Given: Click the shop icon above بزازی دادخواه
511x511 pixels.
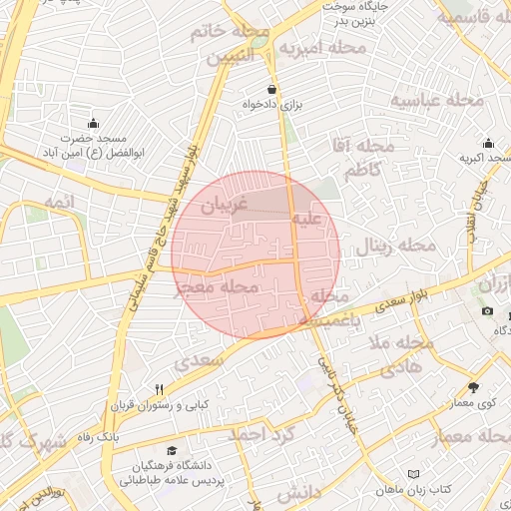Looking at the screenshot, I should pyautogui.click(x=272, y=89).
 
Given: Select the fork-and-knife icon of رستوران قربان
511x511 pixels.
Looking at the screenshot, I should pyautogui.click(x=159, y=389).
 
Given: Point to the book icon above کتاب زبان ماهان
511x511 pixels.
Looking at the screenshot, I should pyautogui.click(x=415, y=474).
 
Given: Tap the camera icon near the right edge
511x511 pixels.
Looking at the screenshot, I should pyautogui.click(x=487, y=311).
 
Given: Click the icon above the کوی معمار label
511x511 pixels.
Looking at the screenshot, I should pyautogui.click(x=473, y=386).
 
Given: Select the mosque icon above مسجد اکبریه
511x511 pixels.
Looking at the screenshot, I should pyautogui.click(x=488, y=144).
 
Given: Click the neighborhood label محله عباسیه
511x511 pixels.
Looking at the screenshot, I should pyautogui.click(x=436, y=101).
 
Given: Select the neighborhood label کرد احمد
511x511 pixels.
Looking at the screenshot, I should pyautogui.click(x=262, y=435).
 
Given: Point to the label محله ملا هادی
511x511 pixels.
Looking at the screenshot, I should pyautogui.click(x=398, y=354).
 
